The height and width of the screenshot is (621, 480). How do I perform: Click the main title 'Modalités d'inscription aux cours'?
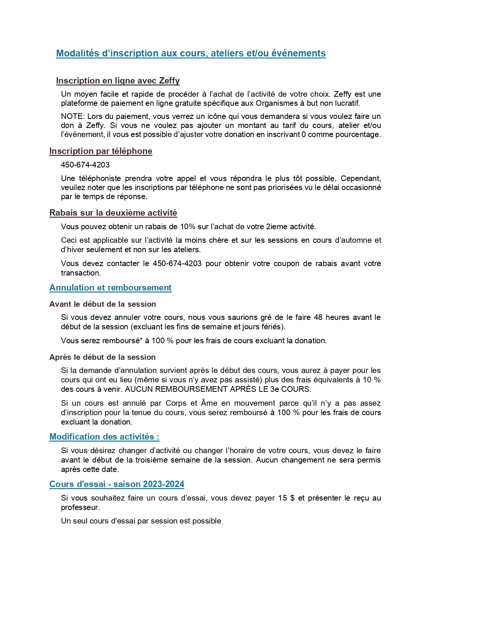190,53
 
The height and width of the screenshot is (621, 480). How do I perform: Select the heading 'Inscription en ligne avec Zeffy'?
118,81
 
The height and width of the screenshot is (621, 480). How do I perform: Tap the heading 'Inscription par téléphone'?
101,151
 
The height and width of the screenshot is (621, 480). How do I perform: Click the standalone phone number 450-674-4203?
85,165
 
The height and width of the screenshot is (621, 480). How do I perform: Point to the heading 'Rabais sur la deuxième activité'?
113,213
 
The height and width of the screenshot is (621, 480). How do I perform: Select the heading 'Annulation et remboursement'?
110,288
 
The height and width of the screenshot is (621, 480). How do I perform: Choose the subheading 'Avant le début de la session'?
102,304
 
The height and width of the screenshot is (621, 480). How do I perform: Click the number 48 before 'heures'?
318,317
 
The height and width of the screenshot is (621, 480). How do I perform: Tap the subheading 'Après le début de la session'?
102,357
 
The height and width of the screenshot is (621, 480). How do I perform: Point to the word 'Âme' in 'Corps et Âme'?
209,403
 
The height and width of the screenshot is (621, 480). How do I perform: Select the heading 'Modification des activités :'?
104,437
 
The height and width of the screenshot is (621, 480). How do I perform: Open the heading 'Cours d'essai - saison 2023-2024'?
117,484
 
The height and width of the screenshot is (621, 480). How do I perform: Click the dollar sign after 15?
293,498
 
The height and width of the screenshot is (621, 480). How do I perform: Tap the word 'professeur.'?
80,507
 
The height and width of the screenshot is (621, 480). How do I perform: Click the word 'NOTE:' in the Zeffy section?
72,116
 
